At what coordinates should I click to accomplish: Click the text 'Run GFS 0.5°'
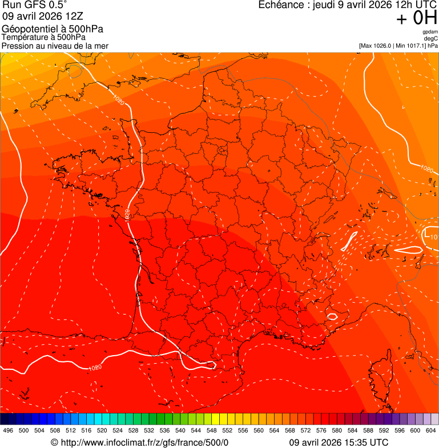(34, 5)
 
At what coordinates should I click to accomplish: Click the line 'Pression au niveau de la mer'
(55, 46)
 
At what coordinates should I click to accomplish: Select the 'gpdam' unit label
(430, 32)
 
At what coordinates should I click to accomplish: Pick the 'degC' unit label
(431, 38)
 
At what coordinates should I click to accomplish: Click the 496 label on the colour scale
(8, 431)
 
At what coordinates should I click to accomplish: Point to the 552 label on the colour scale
(227, 431)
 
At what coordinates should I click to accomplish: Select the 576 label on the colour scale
(321, 431)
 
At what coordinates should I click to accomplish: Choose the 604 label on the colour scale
(431, 431)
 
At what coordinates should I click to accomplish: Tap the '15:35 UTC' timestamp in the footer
(366, 442)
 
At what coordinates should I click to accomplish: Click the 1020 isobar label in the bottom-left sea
(95, 368)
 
